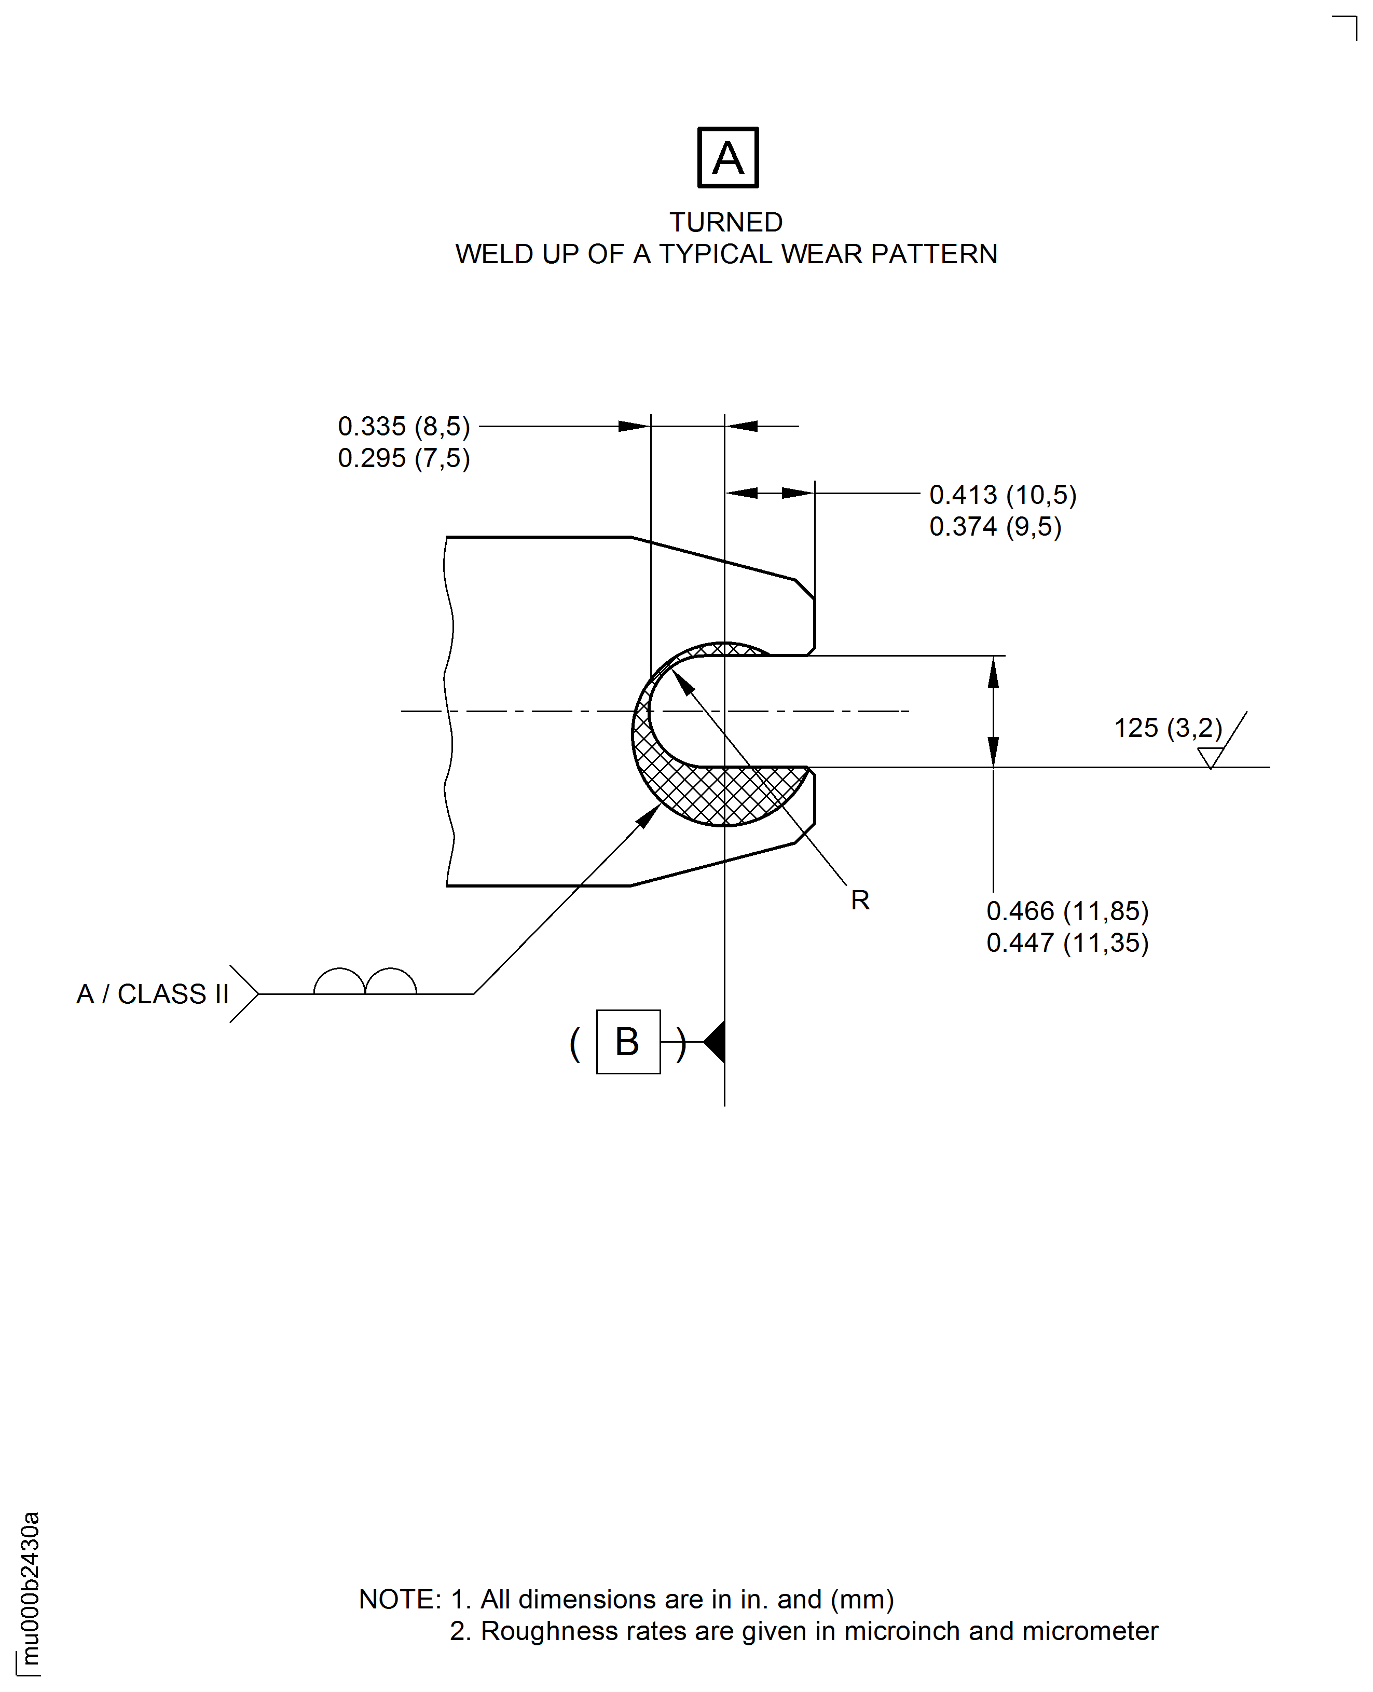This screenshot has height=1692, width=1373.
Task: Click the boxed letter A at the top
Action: click(x=727, y=157)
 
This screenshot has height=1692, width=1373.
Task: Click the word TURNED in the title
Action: click(x=726, y=222)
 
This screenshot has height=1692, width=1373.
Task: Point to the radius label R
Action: click(x=860, y=900)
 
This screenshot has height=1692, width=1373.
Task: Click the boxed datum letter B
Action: click(x=628, y=1042)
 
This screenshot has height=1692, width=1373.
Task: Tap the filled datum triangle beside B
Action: click(x=714, y=1042)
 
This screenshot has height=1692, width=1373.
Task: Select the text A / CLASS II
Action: click(x=153, y=993)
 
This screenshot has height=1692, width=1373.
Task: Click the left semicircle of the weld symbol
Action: click(x=339, y=981)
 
